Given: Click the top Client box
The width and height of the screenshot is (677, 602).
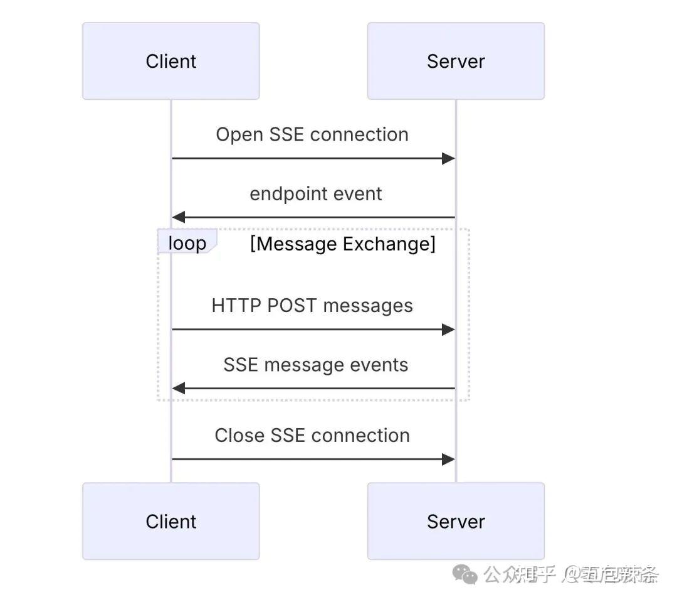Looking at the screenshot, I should click(171, 61).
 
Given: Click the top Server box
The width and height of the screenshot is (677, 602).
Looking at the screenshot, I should click(456, 61).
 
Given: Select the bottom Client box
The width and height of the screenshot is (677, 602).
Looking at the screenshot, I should click(171, 521).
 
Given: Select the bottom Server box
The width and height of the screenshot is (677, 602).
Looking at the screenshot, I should click(456, 521).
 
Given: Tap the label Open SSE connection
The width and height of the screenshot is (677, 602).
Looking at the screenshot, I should click(312, 134).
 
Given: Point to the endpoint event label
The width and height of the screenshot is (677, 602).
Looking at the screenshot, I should click(316, 193).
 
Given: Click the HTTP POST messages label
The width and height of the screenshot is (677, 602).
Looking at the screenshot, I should click(312, 306).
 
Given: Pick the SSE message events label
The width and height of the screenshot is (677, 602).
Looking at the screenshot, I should click(316, 365).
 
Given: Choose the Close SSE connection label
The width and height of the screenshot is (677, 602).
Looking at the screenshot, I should click(312, 435).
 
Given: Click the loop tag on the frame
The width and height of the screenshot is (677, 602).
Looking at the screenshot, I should click(187, 243).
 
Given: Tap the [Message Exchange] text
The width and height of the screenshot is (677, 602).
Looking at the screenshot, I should click(342, 244).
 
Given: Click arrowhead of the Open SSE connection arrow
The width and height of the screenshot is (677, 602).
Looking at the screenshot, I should click(448, 158).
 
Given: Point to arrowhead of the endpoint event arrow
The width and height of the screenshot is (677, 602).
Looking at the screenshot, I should click(179, 217).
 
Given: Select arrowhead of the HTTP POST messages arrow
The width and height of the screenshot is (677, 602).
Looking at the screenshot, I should click(448, 329).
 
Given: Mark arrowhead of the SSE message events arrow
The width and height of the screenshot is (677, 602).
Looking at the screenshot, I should click(179, 389).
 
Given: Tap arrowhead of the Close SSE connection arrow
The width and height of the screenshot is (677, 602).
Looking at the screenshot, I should click(448, 459).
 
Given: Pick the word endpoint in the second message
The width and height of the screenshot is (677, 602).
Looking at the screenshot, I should click(290, 194).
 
